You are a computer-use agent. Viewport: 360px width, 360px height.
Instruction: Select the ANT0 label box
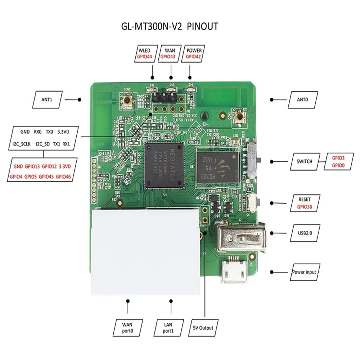click(x=302, y=100)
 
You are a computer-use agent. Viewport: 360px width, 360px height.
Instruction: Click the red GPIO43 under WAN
click(x=167, y=57)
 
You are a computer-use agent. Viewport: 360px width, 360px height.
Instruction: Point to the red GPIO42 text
click(x=194, y=57)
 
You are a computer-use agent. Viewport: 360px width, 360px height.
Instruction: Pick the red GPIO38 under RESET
click(x=304, y=207)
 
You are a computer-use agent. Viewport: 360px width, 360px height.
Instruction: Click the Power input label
click(x=304, y=272)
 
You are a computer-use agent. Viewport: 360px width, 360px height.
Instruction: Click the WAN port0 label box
click(x=128, y=328)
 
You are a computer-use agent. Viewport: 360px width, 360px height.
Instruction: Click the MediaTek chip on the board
click(x=164, y=165)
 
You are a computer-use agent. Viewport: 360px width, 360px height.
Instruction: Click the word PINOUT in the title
click(x=203, y=27)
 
